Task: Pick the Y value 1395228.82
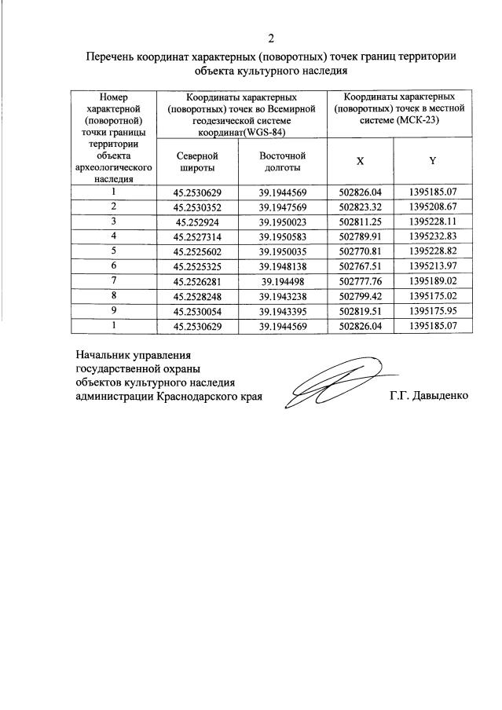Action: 433,251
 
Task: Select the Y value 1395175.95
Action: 433,311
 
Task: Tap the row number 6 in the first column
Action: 114,265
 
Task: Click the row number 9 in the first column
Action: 114,310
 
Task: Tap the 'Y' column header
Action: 433,161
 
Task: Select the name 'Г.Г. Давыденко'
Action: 428,396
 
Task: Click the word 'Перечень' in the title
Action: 110,57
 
